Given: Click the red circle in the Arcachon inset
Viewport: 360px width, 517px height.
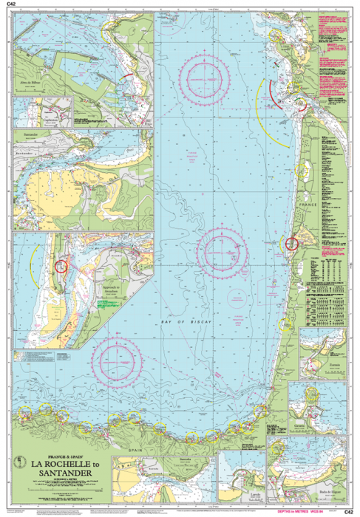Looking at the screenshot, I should click(61, 266).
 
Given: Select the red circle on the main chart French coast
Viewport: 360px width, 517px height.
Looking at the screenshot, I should click(292, 243).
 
